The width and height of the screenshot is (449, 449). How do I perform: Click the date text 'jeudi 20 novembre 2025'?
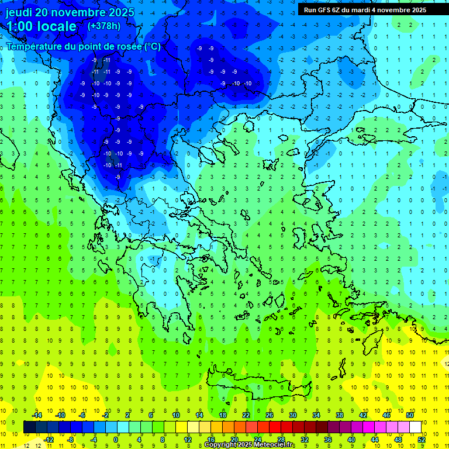70,12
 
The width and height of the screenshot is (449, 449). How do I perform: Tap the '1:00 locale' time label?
42,26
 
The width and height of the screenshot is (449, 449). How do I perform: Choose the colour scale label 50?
409,415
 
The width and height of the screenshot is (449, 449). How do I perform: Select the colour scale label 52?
421,439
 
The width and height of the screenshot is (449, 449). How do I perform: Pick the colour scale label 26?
270,415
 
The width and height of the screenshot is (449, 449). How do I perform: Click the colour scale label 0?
117,439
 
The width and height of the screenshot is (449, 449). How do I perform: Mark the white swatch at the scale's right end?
415,427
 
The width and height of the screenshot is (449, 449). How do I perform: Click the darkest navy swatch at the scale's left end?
29,427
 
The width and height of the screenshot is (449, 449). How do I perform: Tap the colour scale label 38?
339,415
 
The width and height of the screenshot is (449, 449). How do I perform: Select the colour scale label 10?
176,415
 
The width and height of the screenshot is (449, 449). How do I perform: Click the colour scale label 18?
223,415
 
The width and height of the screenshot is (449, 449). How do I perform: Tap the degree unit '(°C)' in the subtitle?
152,46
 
